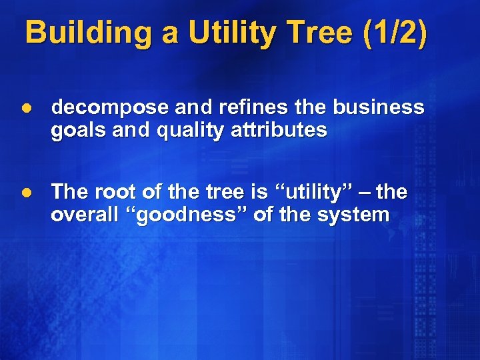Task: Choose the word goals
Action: click(75, 130)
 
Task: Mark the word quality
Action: click(185, 130)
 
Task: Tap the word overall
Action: click(82, 215)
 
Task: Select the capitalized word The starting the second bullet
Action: click(69, 192)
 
